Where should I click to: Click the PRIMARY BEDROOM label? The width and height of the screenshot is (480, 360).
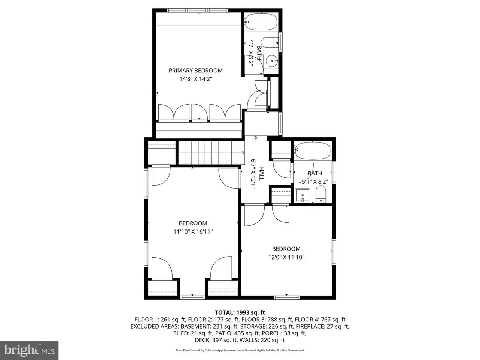pos(195,70)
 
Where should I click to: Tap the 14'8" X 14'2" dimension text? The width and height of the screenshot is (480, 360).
pos(196,79)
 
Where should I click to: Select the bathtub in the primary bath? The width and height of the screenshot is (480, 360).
pos(261,22)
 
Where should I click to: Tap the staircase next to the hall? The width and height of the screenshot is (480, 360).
pos(211,153)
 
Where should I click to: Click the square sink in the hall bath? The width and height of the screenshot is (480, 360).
pos(302,195)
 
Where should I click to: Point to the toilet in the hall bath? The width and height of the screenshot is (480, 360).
pos(321,194)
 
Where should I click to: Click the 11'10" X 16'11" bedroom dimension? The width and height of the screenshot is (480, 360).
pos(193,231)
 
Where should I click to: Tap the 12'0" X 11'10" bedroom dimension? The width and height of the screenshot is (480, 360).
pos(286,257)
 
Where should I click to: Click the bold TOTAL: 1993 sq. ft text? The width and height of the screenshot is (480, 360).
pos(240,312)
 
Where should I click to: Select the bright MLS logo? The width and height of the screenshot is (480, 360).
pos(29,350)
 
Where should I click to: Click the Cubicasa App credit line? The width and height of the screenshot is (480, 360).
pos(240,350)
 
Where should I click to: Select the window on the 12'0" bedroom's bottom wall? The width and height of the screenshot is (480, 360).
pos(287,297)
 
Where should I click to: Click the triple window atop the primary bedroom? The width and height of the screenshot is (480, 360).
pos(198,10)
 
